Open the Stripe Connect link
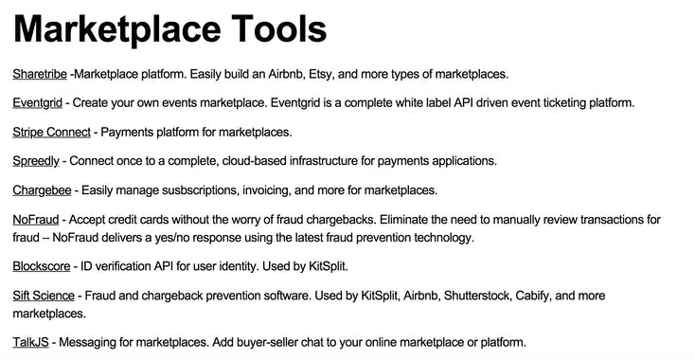click(x=52, y=132)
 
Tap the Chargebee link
click(x=44, y=189)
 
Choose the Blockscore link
click(x=43, y=266)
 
